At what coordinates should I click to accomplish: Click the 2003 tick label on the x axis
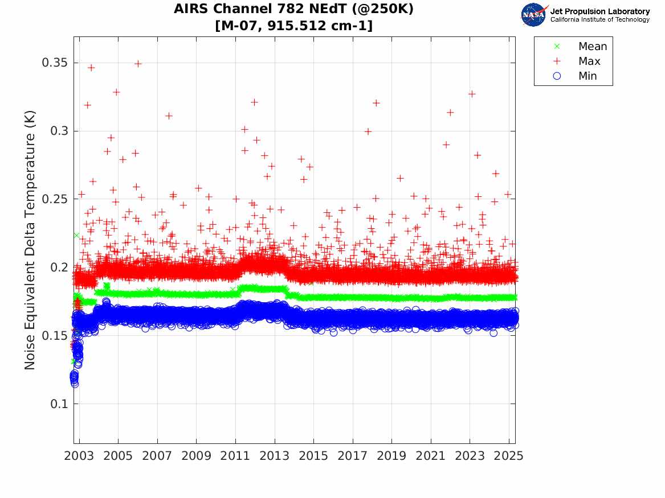coord(79,456)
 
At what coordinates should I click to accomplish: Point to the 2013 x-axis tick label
coord(275,456)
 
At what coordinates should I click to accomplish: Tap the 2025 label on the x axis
coord(508,456)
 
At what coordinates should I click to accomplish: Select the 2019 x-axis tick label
coord(391,456)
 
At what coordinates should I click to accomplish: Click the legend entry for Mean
coord(593,47)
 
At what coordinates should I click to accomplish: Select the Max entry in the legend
coord(589,61)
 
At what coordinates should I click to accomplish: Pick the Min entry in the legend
coord(588,76)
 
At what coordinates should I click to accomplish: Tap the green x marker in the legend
coord(557,47)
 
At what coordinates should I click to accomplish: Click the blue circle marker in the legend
coord(557,76)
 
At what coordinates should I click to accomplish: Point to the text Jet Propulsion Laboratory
coord(599,11)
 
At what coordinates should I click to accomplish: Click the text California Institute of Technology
coord(599,20)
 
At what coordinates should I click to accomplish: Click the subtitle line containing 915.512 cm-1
coord(293,26)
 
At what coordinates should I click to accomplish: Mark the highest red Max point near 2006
coord(138,64)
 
